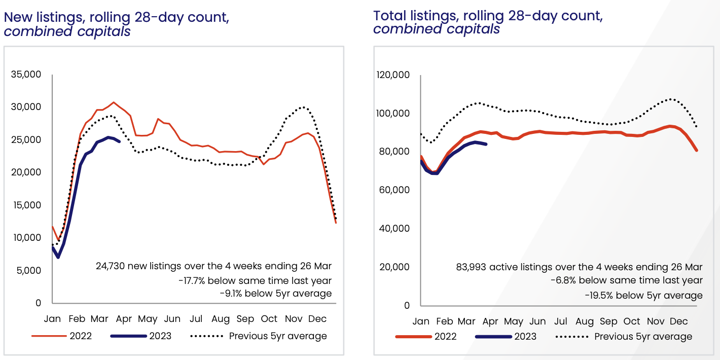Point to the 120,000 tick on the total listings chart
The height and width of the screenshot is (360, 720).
coord(393,75)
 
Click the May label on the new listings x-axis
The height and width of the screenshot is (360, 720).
coord(148,319)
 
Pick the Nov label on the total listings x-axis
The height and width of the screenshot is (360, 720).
coord(656,321)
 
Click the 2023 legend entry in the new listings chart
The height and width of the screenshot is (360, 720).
coord(160,336)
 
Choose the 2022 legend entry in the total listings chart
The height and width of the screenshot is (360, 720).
coord(445,336)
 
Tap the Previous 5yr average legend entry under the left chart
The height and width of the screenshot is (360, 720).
coord(278,336)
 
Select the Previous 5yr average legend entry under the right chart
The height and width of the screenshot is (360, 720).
coord(643,336)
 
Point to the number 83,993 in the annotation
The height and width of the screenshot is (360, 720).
coord(471,267)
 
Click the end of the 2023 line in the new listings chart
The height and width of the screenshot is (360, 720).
coord(120,141)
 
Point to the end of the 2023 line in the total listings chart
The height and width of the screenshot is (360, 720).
coord(486,145)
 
